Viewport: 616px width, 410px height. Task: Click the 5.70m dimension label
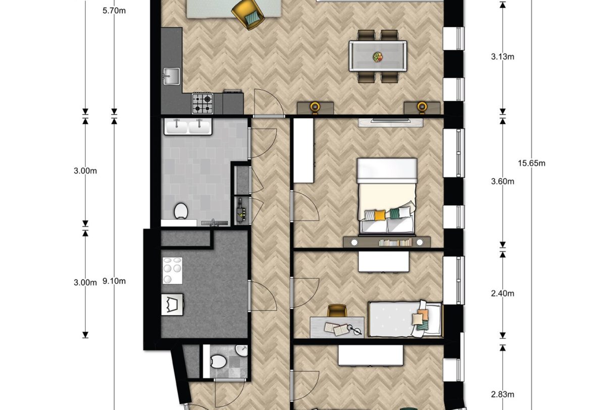click(x=114, y=11)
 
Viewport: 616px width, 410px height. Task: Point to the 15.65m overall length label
click(x=531, y=163)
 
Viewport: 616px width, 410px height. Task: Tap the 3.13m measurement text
click(x=502, y=56)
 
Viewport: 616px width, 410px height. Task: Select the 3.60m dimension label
click(x=502, y=182)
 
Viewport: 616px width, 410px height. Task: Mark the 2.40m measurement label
click(x=502, y=294)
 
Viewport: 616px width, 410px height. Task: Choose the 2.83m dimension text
click(x=502, y=394)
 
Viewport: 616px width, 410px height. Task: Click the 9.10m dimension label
click(x=114, y=281)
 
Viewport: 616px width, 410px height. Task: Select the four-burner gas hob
click(x=202, y=103)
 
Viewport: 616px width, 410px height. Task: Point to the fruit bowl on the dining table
click(x=377, y=56)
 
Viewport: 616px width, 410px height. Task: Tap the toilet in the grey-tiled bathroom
click(x=180, y=211)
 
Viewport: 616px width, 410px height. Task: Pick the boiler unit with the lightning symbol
click(x=241, y=210)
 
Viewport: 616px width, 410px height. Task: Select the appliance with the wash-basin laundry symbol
click(x=171, y=305)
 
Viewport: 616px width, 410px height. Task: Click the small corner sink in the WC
click(x=242, y=350)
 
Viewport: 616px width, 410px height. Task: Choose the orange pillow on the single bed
click(x=419, y=319)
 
